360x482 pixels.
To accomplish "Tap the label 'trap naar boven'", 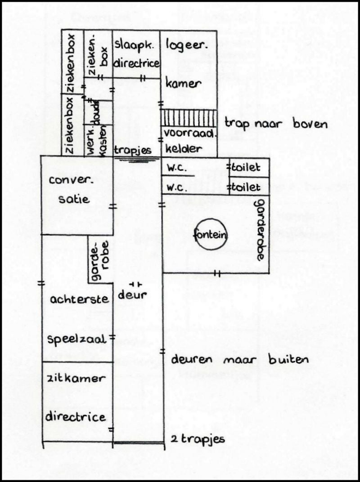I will pos(276,124).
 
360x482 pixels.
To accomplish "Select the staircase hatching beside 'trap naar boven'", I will pos(189,118).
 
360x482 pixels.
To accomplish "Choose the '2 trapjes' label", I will pos(198,439).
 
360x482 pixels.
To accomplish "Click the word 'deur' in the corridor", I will pos(133,295).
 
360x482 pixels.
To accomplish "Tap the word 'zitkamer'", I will pos(76,379).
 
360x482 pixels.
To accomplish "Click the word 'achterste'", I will pos(79,299).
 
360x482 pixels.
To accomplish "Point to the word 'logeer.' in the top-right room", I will pos(183,45).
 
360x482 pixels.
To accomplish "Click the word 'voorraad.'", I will pos(190,133).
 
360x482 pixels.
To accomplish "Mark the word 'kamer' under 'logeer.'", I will pos(183,84).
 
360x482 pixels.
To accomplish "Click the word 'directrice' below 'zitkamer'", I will pos(75,417).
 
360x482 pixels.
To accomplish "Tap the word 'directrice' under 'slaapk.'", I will pos(136,63).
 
